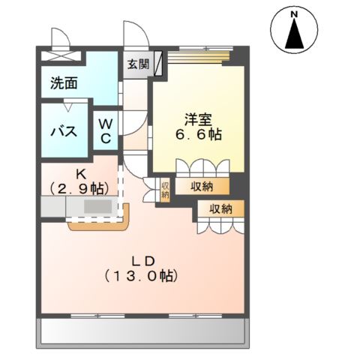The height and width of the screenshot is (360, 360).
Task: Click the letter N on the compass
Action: click(x=295, y=13)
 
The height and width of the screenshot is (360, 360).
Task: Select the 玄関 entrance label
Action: click(x=137, y=64)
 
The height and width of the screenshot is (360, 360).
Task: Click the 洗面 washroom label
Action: click(x=64, y=83)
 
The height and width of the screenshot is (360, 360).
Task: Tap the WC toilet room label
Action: click(x=106, y=131)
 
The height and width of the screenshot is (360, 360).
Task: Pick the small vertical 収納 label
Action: click(x=165, y=189)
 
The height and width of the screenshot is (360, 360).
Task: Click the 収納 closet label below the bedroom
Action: click(x=200, y=186)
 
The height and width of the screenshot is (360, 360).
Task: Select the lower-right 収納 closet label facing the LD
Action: click(x=220, y=208)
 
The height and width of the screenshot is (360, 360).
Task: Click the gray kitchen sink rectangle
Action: click(x=97, y=207)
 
